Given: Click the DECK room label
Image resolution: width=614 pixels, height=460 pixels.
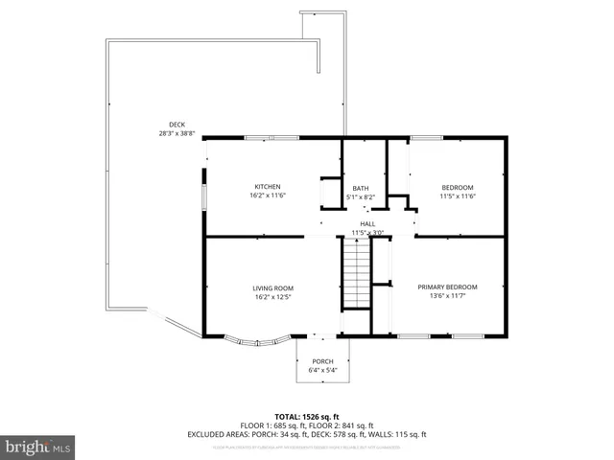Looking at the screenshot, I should coord(177,125).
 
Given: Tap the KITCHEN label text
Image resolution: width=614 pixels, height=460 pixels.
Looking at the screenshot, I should coord(268,186).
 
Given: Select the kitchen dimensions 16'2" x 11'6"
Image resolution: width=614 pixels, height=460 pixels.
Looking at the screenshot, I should coord(268,195).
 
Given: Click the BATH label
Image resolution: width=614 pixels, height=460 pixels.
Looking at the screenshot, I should coord(361,188).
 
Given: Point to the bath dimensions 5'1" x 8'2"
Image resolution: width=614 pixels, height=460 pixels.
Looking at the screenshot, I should coord(361,197).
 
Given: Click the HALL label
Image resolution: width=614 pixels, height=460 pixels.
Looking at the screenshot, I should coord(367,223).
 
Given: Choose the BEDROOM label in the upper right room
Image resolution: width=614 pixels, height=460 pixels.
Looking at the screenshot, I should coord(458,187).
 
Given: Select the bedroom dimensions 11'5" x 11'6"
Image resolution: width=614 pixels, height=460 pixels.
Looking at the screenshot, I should coord(458,196).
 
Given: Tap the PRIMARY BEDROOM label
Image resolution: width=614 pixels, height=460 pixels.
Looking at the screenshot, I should coord(448,287).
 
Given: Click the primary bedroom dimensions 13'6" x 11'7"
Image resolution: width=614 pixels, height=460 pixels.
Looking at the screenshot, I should coord(448,296).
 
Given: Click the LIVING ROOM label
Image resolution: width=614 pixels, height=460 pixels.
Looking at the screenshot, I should coord(272,287).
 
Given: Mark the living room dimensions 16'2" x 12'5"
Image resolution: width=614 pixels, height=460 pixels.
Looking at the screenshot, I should coord(272,297).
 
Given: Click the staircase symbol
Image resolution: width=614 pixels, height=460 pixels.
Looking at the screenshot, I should coord(356,272).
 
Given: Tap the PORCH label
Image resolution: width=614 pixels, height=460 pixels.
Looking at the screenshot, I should coord(322,361).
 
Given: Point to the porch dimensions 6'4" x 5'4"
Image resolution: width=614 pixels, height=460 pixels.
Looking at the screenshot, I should coord(322,370).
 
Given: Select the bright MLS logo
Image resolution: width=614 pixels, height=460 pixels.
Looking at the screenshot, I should coord(38,447).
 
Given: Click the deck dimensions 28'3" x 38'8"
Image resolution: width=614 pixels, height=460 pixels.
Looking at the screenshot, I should coord(177,134).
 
